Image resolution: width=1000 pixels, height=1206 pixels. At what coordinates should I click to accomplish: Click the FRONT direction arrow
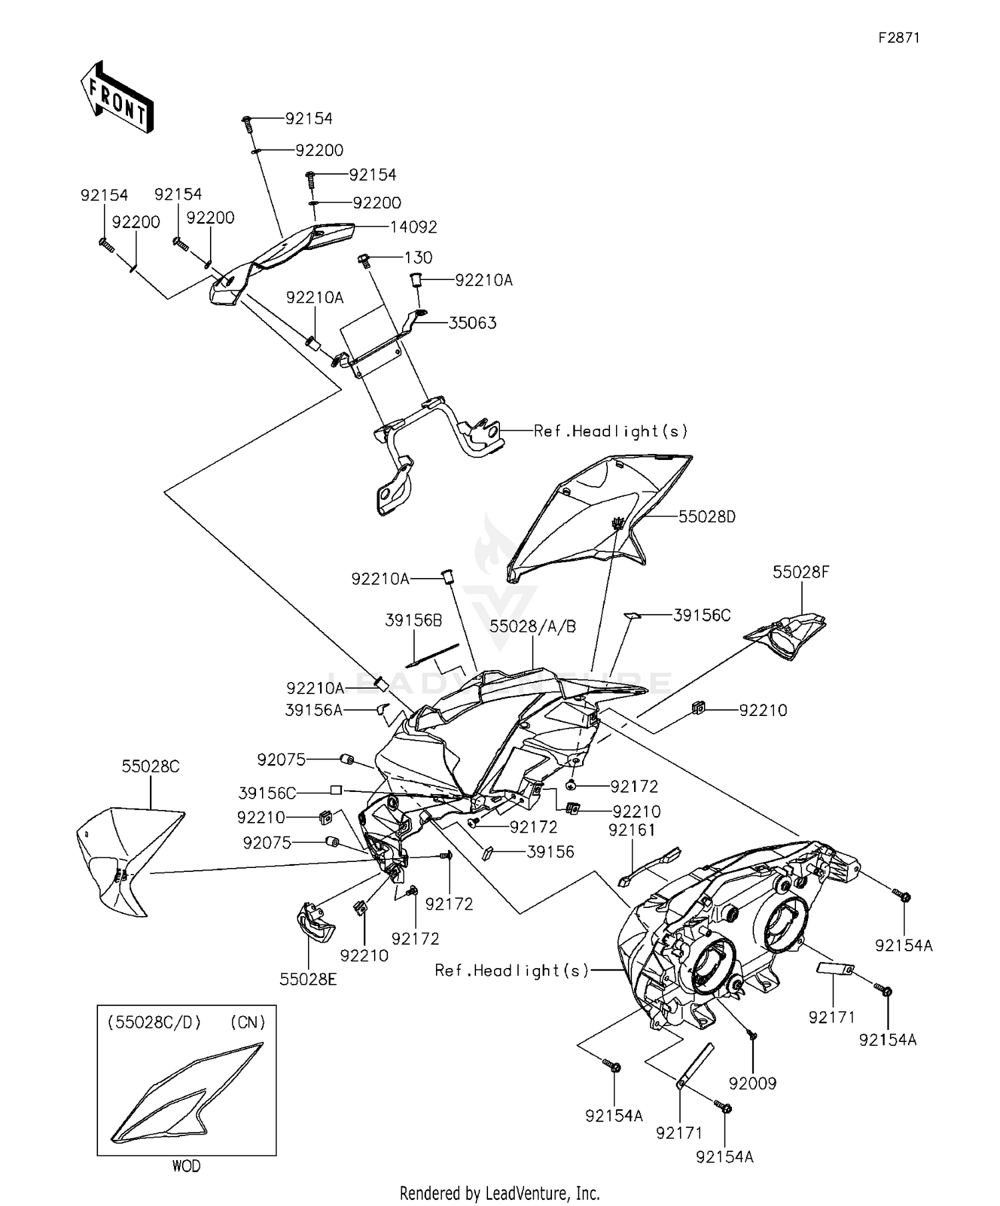(117, 99)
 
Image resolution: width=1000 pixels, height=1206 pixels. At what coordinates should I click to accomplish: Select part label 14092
(413, 227)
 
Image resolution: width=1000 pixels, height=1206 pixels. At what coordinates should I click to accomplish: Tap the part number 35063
(472, 323)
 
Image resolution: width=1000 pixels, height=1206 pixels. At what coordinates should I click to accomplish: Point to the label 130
(418, 258)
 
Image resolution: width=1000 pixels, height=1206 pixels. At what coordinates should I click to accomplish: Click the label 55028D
(707, 517)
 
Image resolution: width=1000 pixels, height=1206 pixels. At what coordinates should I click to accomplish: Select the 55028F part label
(801, 572)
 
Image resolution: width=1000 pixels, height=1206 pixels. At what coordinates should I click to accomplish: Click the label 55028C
(151, 767)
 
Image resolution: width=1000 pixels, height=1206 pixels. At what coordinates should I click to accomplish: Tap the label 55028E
(308, 979)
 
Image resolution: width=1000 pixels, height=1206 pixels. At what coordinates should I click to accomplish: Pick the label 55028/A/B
(533, 627)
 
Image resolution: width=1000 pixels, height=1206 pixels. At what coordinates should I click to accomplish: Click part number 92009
(753, 1083)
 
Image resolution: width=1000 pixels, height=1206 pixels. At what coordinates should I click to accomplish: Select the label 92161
(631, 830)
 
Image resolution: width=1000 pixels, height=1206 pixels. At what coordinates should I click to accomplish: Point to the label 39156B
(413, 620)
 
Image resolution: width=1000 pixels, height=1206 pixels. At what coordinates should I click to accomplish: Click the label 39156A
(313, 711)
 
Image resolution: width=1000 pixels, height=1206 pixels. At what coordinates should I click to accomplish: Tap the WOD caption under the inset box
(186, 1166)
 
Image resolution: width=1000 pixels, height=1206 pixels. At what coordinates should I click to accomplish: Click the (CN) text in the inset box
(247, 1022)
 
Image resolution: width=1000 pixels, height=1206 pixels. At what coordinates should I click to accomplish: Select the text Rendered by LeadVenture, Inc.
(499, 1193)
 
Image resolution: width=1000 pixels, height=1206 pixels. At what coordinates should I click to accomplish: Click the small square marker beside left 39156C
(336, 790)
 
